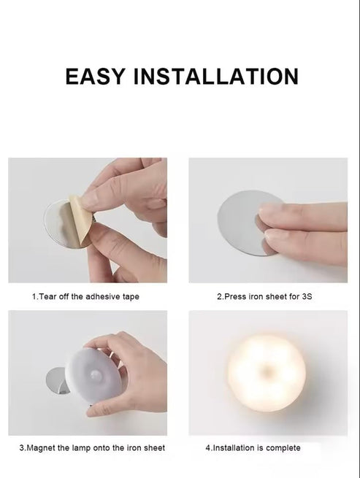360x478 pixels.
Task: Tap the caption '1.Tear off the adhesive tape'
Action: [85, 297]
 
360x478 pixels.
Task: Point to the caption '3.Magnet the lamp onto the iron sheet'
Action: [92, 447]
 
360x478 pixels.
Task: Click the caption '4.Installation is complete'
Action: [253, 447]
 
